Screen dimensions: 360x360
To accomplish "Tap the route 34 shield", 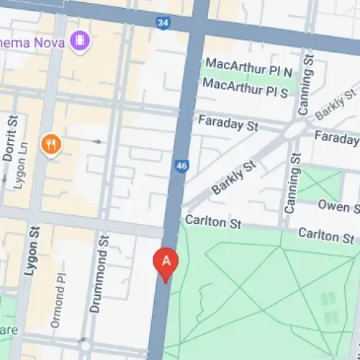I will coord(163,24).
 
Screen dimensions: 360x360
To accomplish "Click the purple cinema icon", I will coord(80,41).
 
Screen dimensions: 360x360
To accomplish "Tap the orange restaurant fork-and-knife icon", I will coord(50,145).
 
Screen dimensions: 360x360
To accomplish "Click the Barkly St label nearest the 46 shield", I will coord(233,178).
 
